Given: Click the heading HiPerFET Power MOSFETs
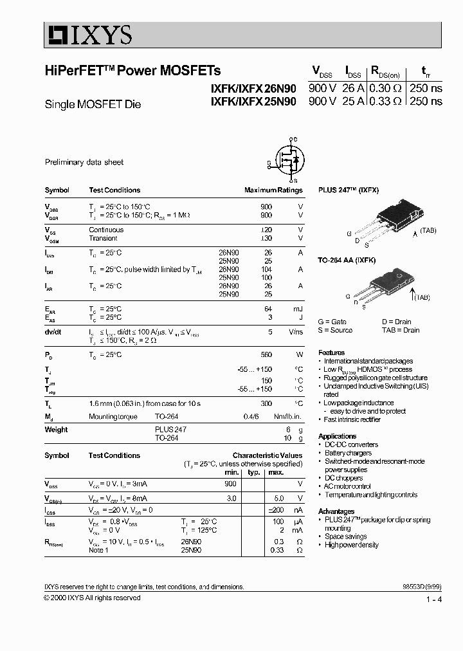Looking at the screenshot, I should coord(132,71).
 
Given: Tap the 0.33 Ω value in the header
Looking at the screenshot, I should coord(386,101).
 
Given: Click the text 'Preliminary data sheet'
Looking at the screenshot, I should coord(84,163).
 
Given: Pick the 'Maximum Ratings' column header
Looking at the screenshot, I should coord(273,190).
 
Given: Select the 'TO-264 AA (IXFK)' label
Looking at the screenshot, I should coord(347,259).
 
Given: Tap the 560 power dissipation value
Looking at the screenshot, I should coord(266,355).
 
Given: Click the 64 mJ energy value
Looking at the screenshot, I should coord(268,309).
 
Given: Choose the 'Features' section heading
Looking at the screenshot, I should coord(332,353).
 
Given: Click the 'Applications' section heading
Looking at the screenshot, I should coord(338,436).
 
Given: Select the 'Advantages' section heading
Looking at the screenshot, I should coord(336,511).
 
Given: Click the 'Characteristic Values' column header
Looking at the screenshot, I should coord(267,455).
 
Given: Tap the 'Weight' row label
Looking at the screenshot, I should coord(56,430).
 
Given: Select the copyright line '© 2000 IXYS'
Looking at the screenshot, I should coord(92,598).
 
